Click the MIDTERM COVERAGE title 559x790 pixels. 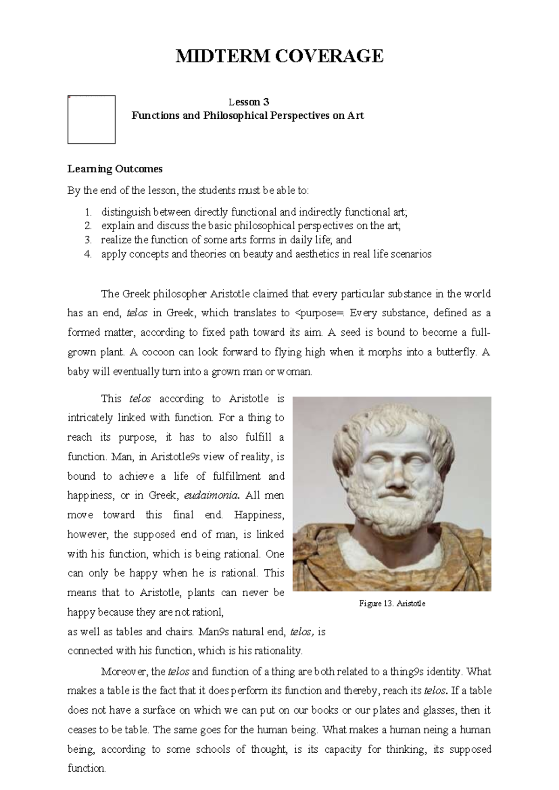point(279,56)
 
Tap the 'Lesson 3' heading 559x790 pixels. point(248,102)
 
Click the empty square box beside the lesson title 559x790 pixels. point(91,120)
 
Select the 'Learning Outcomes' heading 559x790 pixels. point(115,169)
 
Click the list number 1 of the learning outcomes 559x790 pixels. point(89,212)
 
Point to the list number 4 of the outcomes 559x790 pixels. point(89,254)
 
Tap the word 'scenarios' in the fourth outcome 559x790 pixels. point(411,254)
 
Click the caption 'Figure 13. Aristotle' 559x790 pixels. point(392,604)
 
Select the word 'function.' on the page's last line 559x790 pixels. point(87,769)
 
